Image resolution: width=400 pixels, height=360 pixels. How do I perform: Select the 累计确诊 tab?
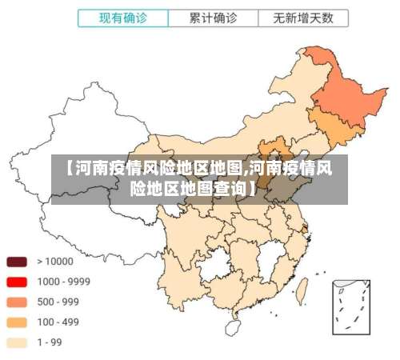(x=212, y=18)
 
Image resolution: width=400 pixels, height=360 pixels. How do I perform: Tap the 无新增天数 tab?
(x=302, y=18)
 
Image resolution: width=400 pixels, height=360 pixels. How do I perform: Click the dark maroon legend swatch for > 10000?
(x=17, y=262)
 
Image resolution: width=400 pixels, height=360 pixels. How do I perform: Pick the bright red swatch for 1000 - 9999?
(x=17, y=282)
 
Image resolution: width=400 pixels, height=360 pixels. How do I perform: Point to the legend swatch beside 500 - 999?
(x=17, y=302)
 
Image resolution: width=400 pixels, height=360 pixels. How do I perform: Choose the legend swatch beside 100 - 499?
(x=17, y=322)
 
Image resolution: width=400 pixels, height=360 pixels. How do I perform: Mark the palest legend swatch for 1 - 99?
(x=17, y=343)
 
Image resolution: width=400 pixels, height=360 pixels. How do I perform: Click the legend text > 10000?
(x=53, y=262)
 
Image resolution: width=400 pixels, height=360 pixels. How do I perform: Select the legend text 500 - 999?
(x=57, y=302)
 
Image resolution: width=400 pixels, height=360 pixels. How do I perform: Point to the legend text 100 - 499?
(x=57, y=322)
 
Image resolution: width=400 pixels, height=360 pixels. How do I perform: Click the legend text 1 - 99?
(x=50, y=343)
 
